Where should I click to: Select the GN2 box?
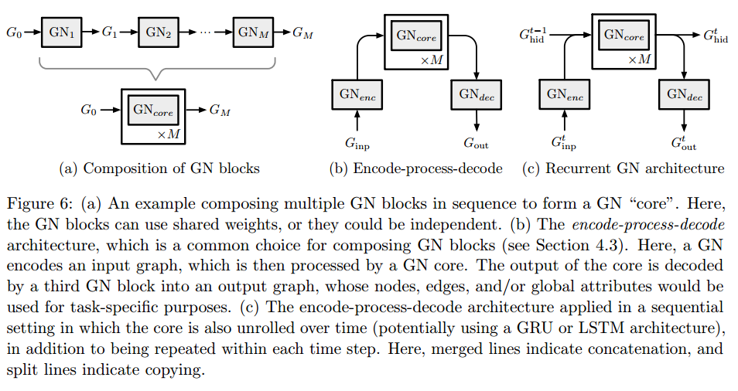click(159, 32)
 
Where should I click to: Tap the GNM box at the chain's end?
click(254, 32)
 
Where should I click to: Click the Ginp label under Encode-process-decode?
click(357, 142)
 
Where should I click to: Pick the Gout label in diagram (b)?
click(476, 142)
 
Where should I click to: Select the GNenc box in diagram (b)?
click(357, 94)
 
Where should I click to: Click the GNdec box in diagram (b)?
click(476, 94)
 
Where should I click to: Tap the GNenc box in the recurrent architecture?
click(565, 94)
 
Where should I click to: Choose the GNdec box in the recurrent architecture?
click(684, 94)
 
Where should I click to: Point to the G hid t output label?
click(716, 34)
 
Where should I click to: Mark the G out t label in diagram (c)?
click(684, 142)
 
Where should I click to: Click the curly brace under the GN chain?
click(158, 72)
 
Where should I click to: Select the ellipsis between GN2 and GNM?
click(207, 32)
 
